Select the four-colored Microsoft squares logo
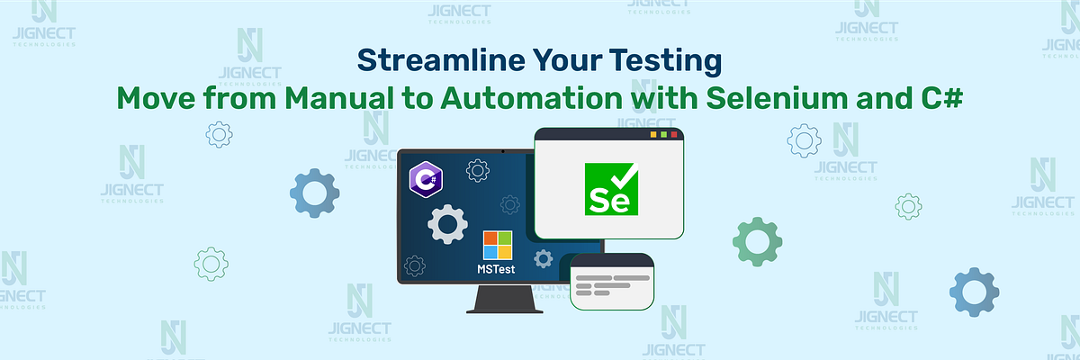[497, 246]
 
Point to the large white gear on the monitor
[446, 224]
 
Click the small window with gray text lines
[611, 281]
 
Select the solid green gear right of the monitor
[757, 240]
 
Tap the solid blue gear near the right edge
[973, 292]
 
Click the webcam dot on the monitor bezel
[501, 150]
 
